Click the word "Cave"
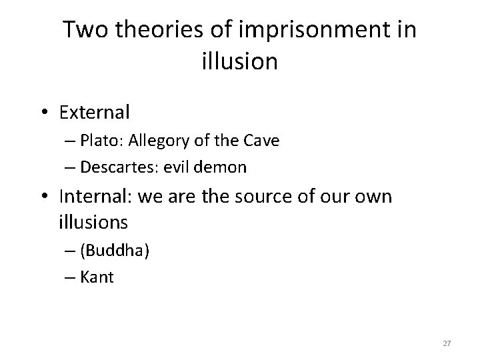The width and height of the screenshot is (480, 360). click(262, 141)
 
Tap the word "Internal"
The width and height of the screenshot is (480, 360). click(90, 197)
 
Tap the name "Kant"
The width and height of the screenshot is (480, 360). click(97, 276)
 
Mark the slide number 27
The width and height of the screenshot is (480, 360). click(447, 343)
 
